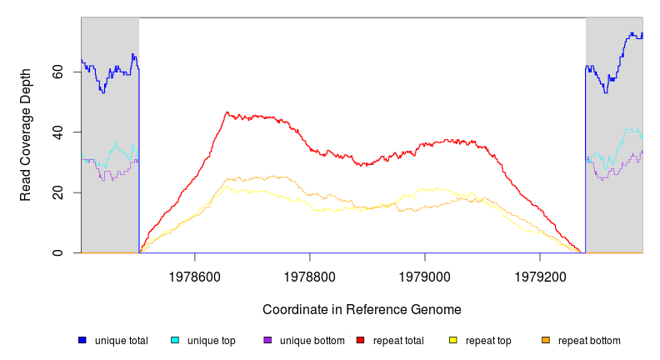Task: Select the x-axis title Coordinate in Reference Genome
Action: [362, 309]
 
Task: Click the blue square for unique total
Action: [82, 340]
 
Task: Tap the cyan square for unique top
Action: [175, 340]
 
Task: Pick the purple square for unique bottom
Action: [267, 340]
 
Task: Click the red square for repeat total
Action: [360, 340]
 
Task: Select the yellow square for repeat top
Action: [453, 340]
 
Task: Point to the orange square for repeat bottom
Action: [546, 340]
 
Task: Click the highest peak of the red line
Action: [227, 112]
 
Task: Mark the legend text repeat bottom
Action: [589, 341]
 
